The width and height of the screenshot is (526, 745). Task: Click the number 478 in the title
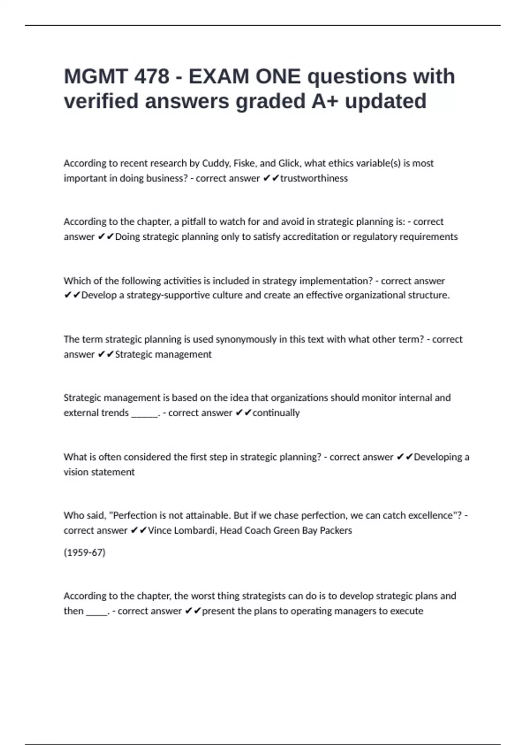point(151,77)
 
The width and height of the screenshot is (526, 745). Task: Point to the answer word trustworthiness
point(314,178)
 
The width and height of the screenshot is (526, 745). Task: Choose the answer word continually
point(276,413)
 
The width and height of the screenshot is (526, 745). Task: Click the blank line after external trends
point(145,414)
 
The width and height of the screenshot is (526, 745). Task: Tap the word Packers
point(336,531)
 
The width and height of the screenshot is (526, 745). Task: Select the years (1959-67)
point(85,553)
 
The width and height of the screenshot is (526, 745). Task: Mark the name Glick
point(288,163)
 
